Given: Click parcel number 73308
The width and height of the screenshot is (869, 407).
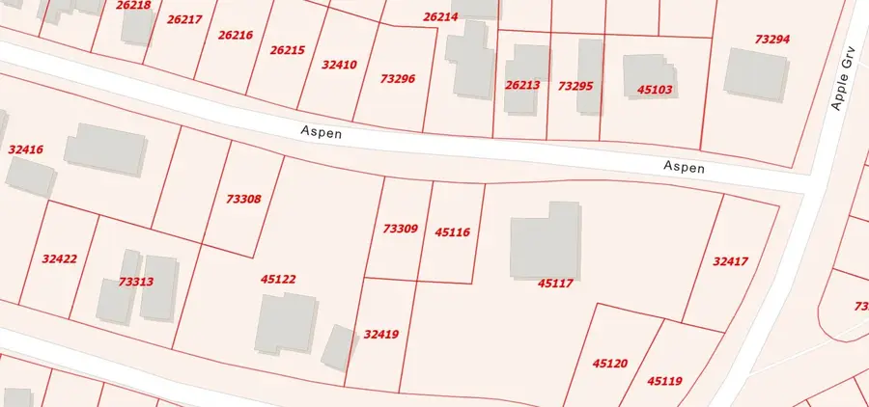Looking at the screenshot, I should pos(243,199).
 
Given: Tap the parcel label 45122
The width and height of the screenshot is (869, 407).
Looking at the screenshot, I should pos(278,279).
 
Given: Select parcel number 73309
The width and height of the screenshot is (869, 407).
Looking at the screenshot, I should pos(400,229).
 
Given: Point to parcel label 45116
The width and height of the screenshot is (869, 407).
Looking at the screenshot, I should pos(452,231).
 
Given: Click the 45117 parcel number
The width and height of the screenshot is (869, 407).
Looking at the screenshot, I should pos(555,283).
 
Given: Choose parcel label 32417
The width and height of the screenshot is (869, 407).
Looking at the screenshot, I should pos(730,261).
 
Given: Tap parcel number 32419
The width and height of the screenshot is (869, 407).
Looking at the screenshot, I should pos(381,335).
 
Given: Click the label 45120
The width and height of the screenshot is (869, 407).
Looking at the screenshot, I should pos(610,364).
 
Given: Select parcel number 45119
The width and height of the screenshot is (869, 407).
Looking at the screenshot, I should pos(664,381).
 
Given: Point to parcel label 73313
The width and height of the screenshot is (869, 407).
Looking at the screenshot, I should pos(135,282).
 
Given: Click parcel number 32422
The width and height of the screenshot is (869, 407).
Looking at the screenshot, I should pos(59,258).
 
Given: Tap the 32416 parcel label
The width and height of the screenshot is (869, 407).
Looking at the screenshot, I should pos(25,149).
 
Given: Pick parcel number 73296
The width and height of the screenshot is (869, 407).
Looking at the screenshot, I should pos(398,78).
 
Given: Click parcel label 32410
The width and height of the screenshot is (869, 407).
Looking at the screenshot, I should pos(339,65).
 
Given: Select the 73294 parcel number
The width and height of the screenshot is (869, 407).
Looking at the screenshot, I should pos(771,40).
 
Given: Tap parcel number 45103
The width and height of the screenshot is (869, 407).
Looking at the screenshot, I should pos(655,90).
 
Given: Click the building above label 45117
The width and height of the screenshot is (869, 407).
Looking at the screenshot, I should pos(547,242).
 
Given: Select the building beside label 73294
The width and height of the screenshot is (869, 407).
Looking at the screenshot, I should pos(756,72).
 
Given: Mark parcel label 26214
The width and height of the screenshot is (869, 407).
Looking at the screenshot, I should pos(440,17).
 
